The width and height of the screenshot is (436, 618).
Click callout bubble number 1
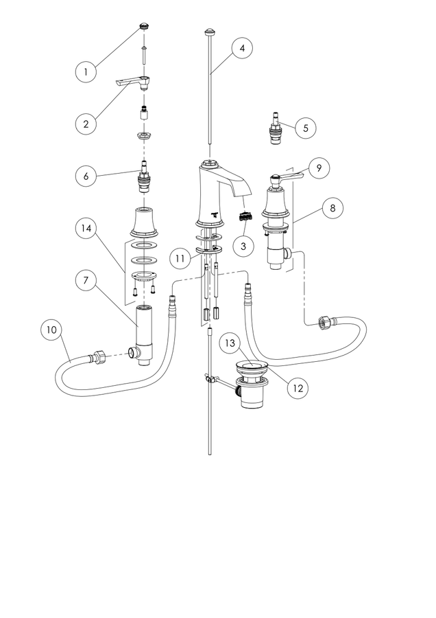86,71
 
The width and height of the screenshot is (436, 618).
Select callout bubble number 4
242,48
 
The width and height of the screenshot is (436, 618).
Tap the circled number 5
306,128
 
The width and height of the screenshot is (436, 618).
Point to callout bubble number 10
51,330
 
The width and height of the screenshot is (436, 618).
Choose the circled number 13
230,343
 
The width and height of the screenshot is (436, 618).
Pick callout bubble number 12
298,388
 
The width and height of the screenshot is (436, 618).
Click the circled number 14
86,229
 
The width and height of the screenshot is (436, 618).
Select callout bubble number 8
332,207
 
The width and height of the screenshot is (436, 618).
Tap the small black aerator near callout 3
245,216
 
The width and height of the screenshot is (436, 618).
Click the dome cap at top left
145,27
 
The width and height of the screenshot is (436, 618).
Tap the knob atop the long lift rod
210,32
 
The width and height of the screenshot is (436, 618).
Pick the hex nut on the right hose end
325,322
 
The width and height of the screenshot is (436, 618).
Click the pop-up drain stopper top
252,367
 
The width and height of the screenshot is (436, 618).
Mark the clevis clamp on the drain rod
210,380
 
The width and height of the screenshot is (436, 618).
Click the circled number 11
180,259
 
